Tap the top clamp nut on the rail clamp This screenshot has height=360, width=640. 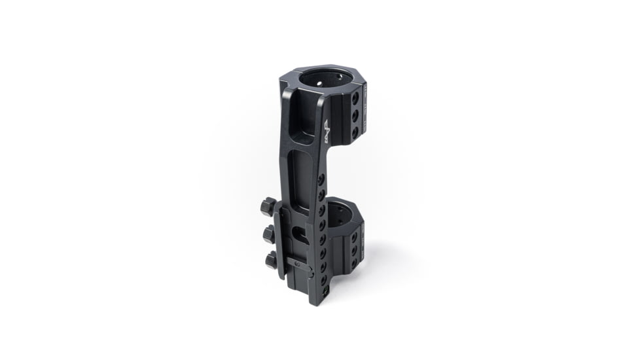(x=267, y=207)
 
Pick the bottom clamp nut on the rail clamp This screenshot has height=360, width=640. (x=271, y=260)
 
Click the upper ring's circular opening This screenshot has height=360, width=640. (x=325, y=81)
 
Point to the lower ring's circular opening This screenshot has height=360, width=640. (x=338, y=214)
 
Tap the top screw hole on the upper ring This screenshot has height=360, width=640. (x=355, y=98)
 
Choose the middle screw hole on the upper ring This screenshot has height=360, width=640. (x=355, y=115)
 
